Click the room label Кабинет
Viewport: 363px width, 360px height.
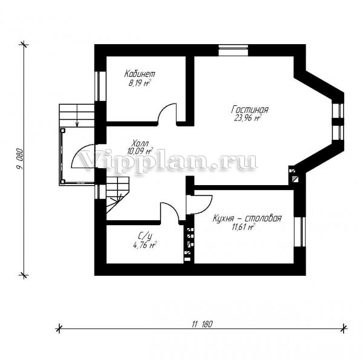pos(140,74)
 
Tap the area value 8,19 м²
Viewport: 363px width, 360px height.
pos(140,83)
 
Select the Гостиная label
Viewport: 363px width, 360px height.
pos(250,110)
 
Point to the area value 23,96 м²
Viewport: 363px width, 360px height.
pos(247,118)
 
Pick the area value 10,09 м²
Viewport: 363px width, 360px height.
pos(140,151)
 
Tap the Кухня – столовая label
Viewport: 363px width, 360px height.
pos(247,218)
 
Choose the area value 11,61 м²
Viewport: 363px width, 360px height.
pos(243,227)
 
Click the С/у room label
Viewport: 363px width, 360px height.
pos(145,237)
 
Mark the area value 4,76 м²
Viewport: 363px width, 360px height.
pos(145,244)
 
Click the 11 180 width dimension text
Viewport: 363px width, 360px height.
pos(202,324)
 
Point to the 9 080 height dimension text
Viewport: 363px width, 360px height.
pos(20,159)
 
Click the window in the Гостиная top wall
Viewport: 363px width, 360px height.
pos(234,50)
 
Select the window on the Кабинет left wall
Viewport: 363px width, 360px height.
pos(100,86)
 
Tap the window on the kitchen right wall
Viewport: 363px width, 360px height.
pos(300,232)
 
